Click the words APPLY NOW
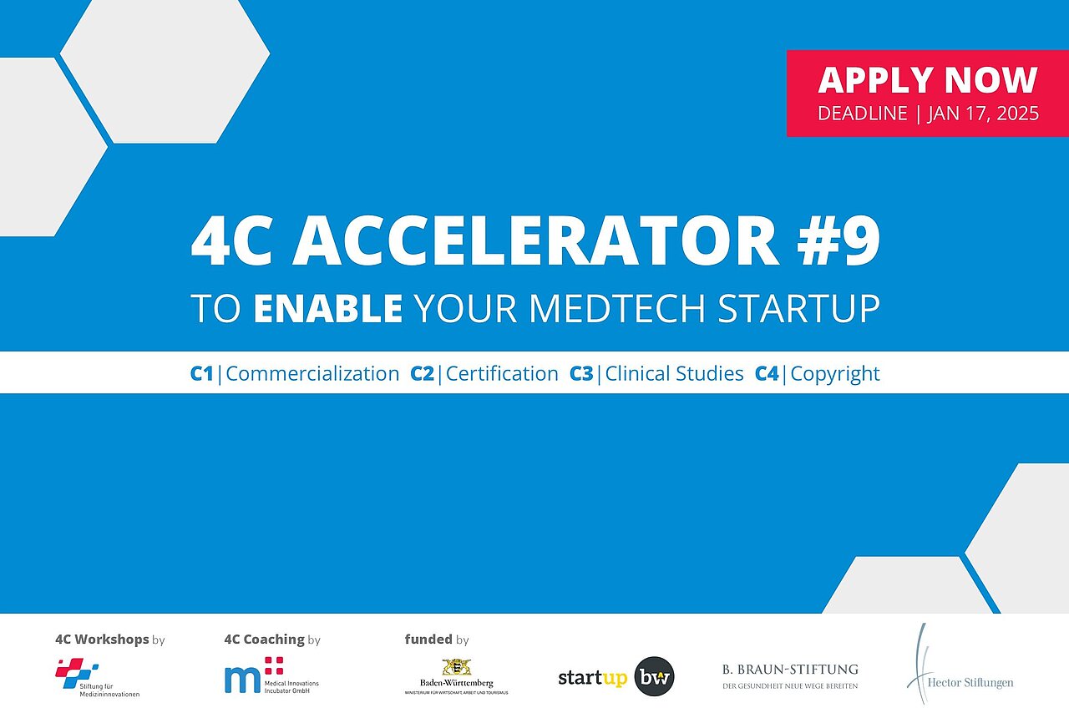tap(927, 80)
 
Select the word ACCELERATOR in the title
tap(534, 241)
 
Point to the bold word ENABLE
tap(327, 308)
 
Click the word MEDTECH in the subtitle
tap(618, 308)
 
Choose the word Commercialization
tap(312, 373)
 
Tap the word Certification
tap(502, 373)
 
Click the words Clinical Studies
tap(674, 373)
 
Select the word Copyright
tap(834, 373)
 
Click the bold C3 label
tap(581, 373)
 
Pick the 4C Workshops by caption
tap(109, 640)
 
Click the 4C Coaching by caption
tap(272, 640)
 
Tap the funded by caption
tap(437, 640)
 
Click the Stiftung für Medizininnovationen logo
tap(97, 678)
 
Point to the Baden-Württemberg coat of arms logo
tap(457, 667)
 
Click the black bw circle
tap(654, 677)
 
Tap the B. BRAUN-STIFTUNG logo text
tap(789, 670)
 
